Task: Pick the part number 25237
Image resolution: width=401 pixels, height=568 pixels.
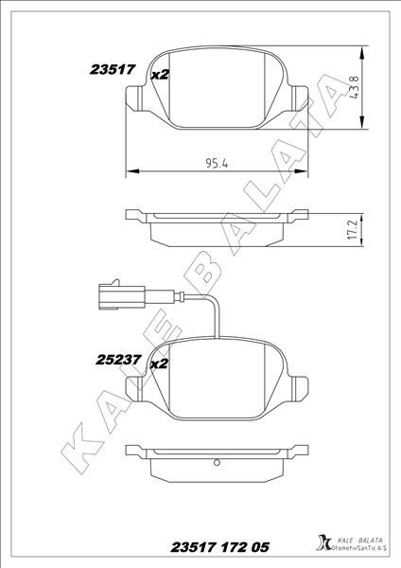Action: (x=117, y=359)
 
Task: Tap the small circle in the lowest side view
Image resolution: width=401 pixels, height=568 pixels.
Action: (x=218, y=464)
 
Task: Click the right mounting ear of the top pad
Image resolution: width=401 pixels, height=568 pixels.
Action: (x=301, y=98)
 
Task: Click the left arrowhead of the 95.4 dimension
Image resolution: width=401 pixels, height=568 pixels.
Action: (x=130, y=170)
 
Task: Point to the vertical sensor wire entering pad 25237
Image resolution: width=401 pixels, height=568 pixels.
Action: (x=218, y=319)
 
